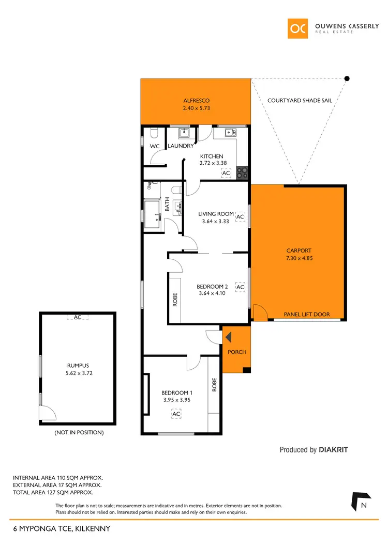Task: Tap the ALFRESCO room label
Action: (196, 101)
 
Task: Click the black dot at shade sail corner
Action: (347, 79)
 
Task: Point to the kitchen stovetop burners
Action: (242, 173)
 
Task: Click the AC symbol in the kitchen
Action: (226, 173)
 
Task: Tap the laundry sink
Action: (185, 134)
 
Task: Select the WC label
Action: (155, 147)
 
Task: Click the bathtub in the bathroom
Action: (153, 214)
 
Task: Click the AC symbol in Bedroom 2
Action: (240, 287)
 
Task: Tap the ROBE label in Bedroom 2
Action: (175, 301)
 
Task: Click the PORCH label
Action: (237, 352)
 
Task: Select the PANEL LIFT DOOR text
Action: (307, 314)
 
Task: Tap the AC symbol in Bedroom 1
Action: (176, 414)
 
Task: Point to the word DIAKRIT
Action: (333, 450)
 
